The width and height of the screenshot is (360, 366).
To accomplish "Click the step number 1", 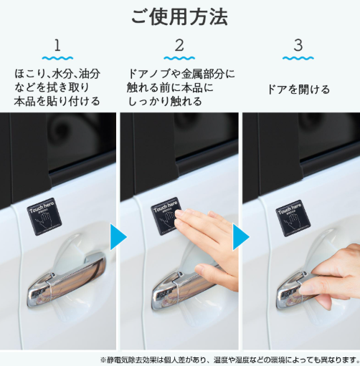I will tap(57, 47).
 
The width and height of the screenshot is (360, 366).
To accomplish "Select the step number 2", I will tap(179, 47).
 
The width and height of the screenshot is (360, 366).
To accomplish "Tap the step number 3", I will tap(298, 47).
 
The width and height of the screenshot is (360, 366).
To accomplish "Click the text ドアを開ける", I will tap(298, 90).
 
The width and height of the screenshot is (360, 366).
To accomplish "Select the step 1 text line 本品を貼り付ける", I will tap(57, 101).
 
